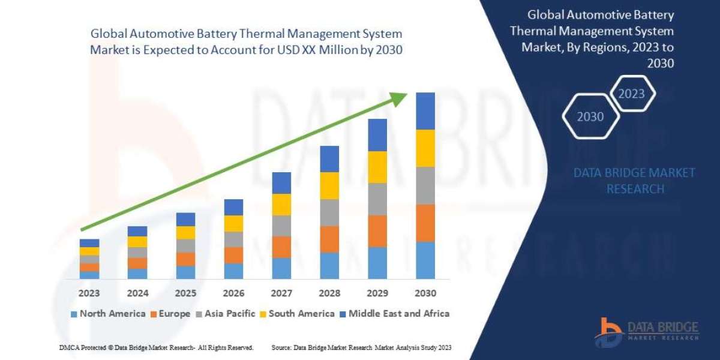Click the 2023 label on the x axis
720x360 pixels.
(89, 293)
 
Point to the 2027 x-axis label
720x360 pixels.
(281, 293)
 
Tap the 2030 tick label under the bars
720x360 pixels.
(425, 293)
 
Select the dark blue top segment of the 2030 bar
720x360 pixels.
(425, 111)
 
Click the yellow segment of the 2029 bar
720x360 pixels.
(377, 167)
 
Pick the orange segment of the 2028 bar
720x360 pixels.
(329, 239)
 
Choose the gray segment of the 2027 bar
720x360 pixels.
(281, 226)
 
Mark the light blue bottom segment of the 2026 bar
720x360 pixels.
(233, 271)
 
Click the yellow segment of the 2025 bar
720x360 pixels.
(185, 233)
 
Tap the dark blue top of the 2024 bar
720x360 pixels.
(137, 231)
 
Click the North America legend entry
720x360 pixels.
(107, 313)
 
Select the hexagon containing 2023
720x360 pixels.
(631, 94)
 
